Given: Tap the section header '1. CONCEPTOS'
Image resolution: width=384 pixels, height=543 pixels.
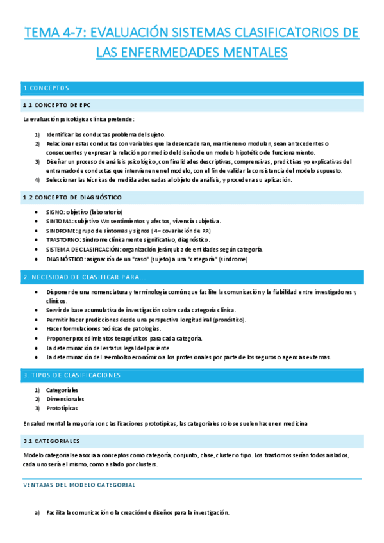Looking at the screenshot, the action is click(x=46, y=88).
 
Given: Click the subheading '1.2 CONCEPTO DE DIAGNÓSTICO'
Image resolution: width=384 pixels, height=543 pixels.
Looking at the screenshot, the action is click(x=72, y=197).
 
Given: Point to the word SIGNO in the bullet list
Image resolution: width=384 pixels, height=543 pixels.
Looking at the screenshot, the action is click(x=56, y=212).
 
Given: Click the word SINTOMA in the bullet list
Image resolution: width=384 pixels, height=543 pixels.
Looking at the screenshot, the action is click(x=60, y=221).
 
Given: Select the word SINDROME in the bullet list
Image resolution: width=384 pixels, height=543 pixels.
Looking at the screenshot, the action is click(x=62, y=231).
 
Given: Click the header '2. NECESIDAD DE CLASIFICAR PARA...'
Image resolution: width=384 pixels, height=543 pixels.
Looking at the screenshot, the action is click(x=84, y=277).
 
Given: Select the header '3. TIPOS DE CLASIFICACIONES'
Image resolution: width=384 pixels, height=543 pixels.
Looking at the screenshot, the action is click(x=72, y=374).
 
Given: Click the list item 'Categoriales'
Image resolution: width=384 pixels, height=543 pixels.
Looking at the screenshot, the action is click(x=62, y=389).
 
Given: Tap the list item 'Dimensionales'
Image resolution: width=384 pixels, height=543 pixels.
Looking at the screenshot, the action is click(x=65, y=398).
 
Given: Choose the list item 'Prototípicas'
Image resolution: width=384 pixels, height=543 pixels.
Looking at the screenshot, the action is click(x=62, y=408).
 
